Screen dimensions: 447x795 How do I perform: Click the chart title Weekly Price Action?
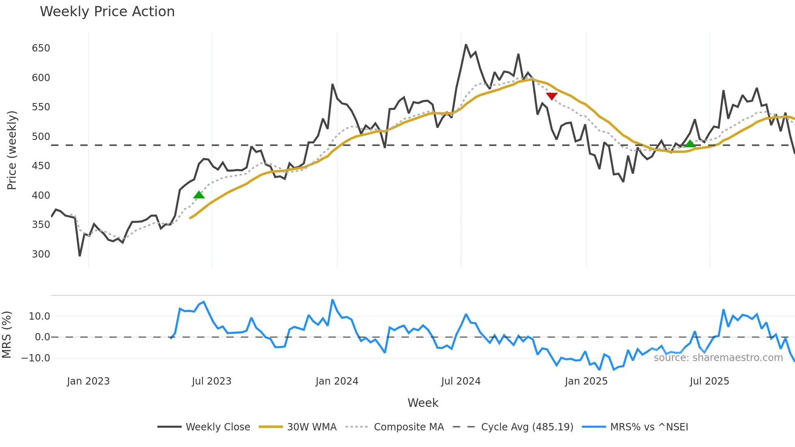click(107, 12)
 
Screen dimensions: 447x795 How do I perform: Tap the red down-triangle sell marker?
click(552, 96)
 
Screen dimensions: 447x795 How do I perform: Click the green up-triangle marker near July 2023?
click(199, 195)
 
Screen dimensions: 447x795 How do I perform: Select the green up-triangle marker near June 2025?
click(690, 144)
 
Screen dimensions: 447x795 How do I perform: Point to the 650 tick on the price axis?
click(41, 48)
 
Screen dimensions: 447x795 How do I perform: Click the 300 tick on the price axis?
click(41, 254)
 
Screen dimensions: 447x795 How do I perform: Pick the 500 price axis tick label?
click(41, 137)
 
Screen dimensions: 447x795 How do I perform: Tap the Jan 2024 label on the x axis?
click(337, 381)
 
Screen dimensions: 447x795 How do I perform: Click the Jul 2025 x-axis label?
click(709, 381)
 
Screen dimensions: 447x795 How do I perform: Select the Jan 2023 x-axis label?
click(88, 381)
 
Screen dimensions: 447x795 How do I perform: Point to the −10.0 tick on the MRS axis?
click(36, 358)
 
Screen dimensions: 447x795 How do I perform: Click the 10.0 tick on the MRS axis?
click(39, 316)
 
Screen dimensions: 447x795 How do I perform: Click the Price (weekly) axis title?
click(12, 150)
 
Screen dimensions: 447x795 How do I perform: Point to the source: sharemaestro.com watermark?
click(718, 358)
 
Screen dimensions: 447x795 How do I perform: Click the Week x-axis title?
click(423, 403)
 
